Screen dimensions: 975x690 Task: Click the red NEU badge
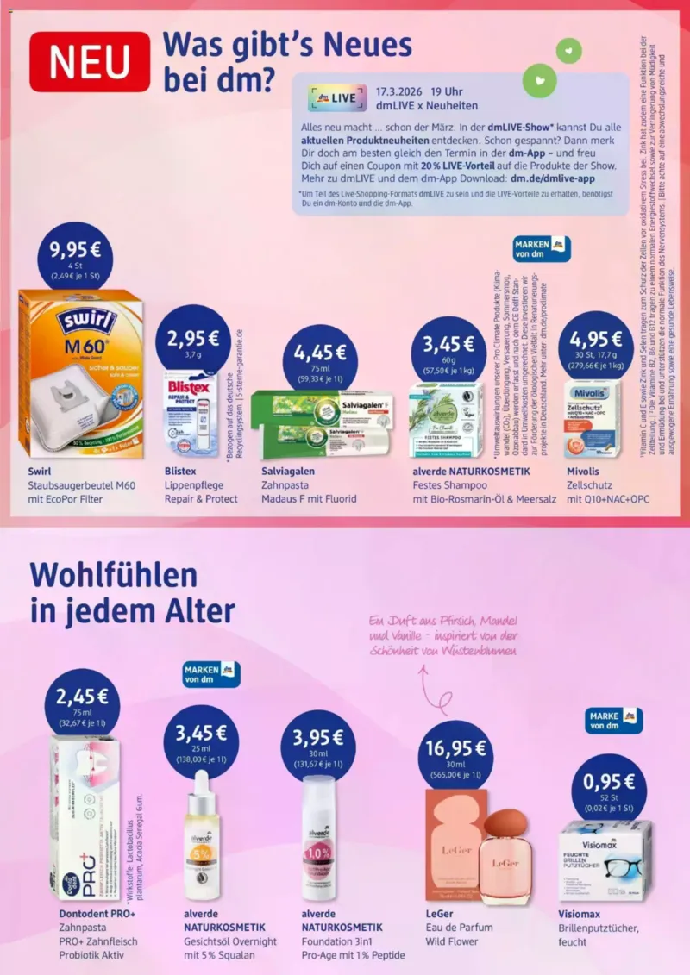[x=90, y=62]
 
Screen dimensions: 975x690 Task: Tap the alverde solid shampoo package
[x=445, y=421]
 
